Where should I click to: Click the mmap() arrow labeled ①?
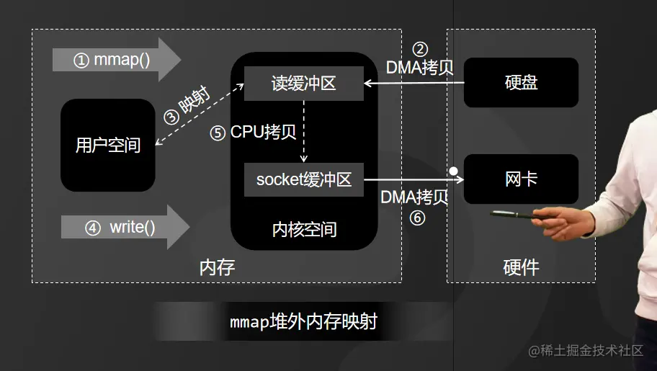pyautogui.click(x=115, y=60)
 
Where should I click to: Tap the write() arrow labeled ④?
pyautogui.click(x=122, y=228)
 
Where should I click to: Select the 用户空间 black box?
pyautogui.click(x=108, y=145)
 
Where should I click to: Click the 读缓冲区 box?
pyautogui.click(x=303, y=84)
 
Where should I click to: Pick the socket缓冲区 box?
pyautogui.click(x=304, y=179)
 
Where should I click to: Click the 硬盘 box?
pyautogui.click(x=521, y=82)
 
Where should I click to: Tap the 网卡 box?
pyautogui.click(x=521, y=179)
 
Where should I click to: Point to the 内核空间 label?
pyautogui.click(x=304, y=229)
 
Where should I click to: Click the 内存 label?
pyautogui.click(x=216, y=268)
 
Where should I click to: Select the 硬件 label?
pyautogui.click(x=520, y=268)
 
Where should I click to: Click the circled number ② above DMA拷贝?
pyautogui.click(x=420, y=50)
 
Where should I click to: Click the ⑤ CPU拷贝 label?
pyautogui.click(x=253, y=133)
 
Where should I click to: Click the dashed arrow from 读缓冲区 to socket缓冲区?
pyautogui.click(x=304, y=131)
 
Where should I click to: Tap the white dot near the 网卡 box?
pyautogui.click(x=454, y=171)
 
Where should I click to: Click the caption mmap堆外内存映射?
pyautogui.click(x=303, y=322)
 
